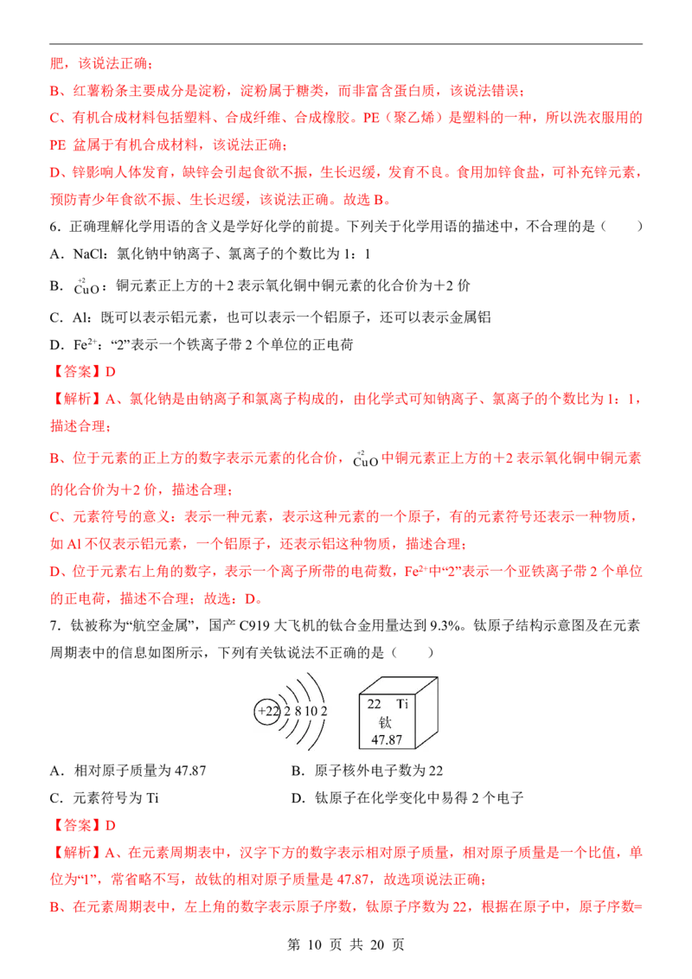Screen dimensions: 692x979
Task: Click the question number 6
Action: coord(54,227)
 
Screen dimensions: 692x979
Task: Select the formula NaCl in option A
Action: coord(89,254)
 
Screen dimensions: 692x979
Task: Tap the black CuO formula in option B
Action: coord(86,287)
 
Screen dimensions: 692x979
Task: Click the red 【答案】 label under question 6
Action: coord(75,372)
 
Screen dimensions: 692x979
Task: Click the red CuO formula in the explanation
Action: coord(365,459)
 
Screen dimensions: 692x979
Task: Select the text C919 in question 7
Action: coord(255,625)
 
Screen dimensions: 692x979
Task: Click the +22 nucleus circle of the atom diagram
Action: coord(267,711)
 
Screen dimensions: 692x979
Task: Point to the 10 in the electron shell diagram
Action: coord(311,711)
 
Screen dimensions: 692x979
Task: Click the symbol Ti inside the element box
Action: coord(402,704)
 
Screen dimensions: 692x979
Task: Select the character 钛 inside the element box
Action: coord(385,722)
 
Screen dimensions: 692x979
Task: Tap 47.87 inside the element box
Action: coord(387,740)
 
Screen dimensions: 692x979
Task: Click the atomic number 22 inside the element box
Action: coord(374,704)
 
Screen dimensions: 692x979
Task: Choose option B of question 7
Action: coord(368,771)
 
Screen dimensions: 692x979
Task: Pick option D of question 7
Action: coord(407,798)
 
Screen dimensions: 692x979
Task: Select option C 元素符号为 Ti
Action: coord(105,798)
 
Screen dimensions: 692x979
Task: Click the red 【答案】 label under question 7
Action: coord(75,825)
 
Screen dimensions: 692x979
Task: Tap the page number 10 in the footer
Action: coord(315,944)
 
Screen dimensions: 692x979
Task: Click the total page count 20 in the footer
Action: coord(377,944)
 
